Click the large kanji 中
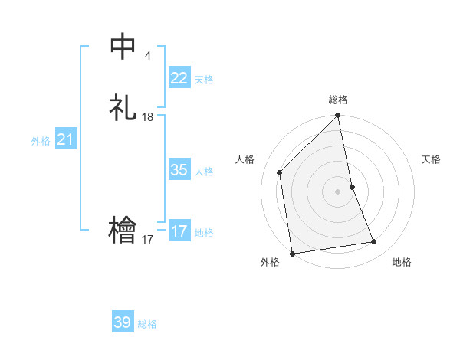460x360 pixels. click(x=123, y=47)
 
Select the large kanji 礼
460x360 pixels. click(x=123, y=108)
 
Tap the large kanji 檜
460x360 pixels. click(x=123, y=231)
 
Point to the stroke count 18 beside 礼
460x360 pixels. click(x=148, y=117)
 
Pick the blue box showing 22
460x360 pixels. click(x=179, y=78)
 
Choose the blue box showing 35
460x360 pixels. click(x=179, y=170)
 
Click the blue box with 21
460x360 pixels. click(x=65, y=139)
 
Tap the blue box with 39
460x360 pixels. click(x=123, y=322)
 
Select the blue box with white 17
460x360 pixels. click(x=179, y=231)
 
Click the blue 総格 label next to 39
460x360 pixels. click(x=147, y=324)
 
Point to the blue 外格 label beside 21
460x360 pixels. click(x=41, y=141)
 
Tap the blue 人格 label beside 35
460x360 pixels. click(x=204, y=172)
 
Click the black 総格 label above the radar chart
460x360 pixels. click(x=338, y=100)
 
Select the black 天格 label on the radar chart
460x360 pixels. click(x=431, y=159)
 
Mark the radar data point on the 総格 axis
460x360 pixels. click(x=338, y=116)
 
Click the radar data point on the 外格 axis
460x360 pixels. click(x=292, y=253)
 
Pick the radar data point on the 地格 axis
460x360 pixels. click(x=374, y=242)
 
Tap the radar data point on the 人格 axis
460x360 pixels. click(x=280, y=172)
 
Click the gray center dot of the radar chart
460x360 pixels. click(x=338, y=191)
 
